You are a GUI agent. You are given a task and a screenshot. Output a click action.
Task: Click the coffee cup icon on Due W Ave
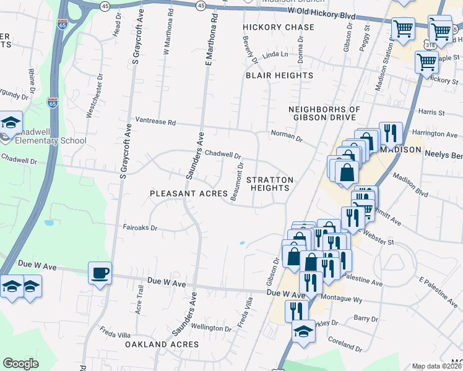click(100, 273)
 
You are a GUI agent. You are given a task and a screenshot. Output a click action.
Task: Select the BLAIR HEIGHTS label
click(279, 75)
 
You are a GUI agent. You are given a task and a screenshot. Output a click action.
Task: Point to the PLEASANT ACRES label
click(189, 194)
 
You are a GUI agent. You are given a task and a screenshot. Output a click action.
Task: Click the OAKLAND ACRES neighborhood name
click(162, 344)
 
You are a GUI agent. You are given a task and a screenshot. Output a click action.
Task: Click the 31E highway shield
click(430, 45)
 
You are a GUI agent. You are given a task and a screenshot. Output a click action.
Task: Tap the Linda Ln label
click(275, 55)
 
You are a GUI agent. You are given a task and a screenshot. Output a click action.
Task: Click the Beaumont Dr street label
click(238, 179)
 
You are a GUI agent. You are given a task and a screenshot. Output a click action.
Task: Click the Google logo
click(21, 364)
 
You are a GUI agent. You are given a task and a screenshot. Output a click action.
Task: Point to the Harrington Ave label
click(434, 134)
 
